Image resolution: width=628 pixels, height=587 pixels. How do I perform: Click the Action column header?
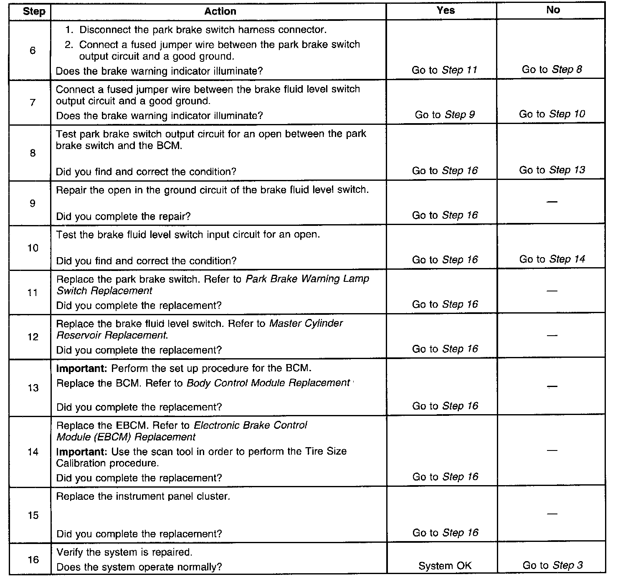[x=220, y=11]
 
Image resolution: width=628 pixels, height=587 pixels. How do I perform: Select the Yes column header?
[x=446, y=10]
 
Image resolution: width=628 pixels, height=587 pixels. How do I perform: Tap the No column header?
[x=553, y=10]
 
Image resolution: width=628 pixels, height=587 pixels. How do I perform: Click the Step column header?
[x=34, y=11]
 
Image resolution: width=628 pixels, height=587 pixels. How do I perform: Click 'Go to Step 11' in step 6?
[x=444, y=70]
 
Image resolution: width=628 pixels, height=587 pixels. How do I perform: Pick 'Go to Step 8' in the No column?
[x=552, y=70]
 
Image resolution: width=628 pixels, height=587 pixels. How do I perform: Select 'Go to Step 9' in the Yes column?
[x=445, y=115]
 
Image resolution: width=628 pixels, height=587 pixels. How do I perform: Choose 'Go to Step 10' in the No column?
[x=552, y=114]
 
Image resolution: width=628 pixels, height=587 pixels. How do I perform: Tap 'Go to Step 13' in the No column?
[x=552, y=170]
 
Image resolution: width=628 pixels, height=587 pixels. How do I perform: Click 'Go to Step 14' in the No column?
[x=552, y=259]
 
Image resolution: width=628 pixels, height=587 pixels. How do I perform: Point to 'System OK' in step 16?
[x=445, y=566]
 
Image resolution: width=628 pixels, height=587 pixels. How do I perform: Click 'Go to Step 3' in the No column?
[x=552, y=566]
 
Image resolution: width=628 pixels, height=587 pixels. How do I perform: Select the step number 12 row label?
[x=33, y=337]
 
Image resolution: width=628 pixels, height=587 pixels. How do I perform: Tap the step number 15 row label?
[x=33, y=516]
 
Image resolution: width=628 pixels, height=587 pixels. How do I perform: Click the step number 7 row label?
[x=33, y=103]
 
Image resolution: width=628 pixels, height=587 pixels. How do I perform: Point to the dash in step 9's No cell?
[x=552, y=202]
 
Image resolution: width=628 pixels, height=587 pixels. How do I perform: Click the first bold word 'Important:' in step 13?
[x=82, y=369]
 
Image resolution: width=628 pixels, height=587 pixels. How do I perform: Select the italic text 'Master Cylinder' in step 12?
[x=306, y=324]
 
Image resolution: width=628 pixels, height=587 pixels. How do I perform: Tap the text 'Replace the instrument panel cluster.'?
[x=143, y=496]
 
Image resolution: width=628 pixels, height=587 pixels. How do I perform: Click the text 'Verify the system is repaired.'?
[x=124, y=552]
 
